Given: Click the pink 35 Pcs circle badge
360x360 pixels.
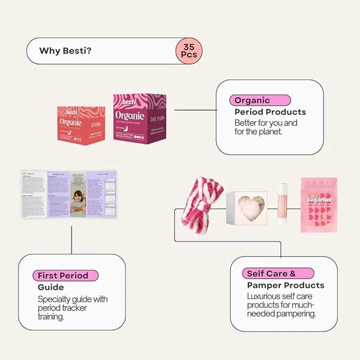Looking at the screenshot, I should point(189,51).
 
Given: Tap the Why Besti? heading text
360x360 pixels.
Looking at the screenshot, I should point(65,51).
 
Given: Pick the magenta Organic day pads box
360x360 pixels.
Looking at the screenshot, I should point(139,118).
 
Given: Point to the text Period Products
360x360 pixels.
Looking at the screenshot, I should point(270,111).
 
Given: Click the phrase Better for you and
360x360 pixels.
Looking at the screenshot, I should point(266,123).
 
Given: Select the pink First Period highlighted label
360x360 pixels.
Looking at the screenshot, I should point(64,276).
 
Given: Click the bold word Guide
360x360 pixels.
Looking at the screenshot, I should point(51,287).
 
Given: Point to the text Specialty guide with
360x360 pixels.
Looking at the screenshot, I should point(73,299).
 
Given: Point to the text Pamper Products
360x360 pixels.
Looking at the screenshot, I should point(286,285).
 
